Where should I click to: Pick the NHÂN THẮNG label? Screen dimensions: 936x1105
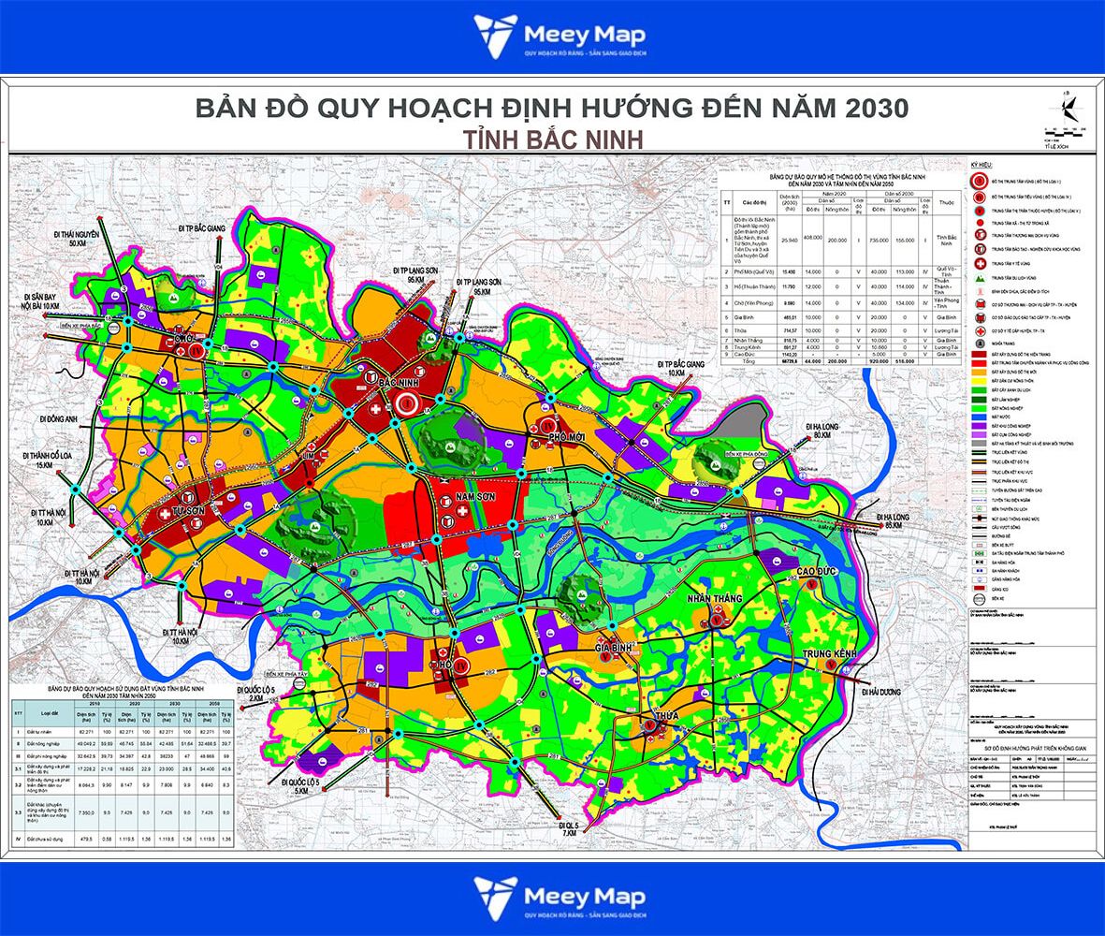point(714,598)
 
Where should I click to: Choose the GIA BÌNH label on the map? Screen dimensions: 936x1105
point(616,647)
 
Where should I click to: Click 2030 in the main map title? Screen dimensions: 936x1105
point(874,108)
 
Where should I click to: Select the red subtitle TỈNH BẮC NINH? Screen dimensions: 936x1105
point(551,138)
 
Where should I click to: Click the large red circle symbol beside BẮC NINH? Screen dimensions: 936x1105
point(407,404)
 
